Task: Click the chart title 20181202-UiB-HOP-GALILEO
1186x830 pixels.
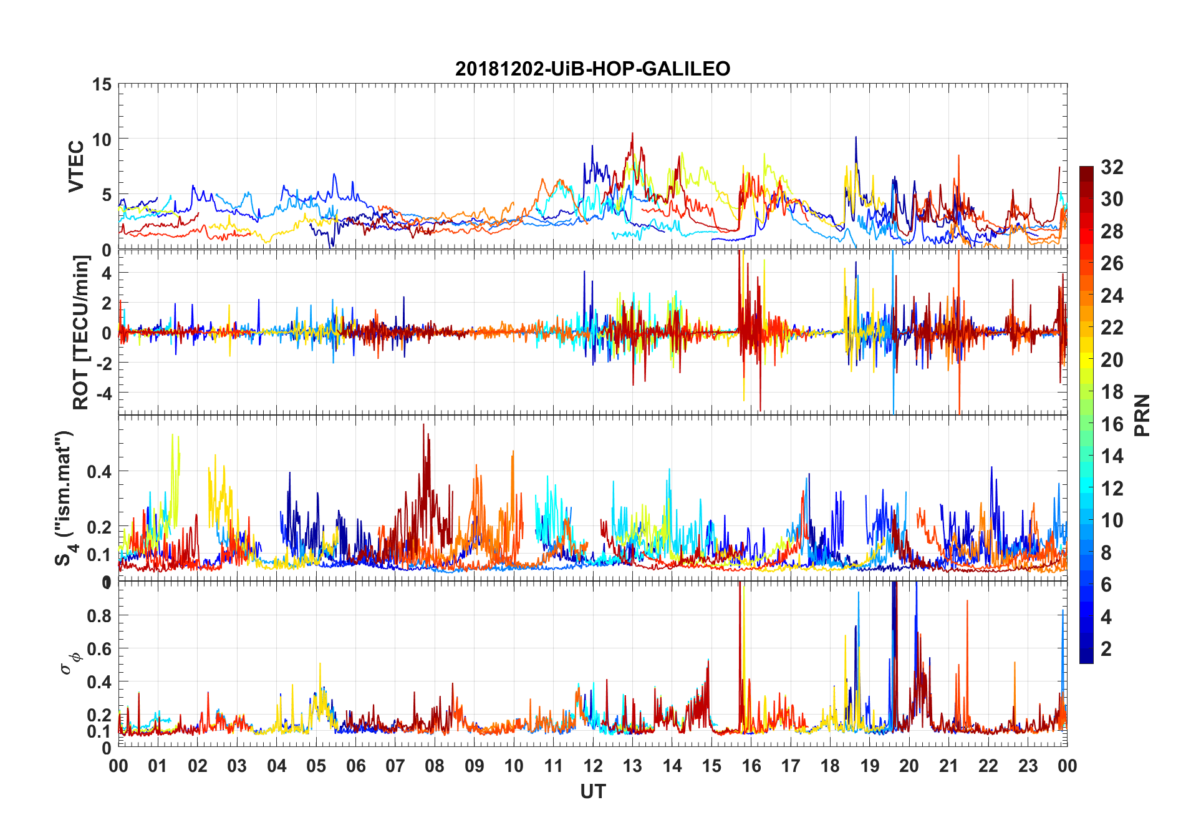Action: (x=592, y=68)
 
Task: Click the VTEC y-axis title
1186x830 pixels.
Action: (x=76, y=167)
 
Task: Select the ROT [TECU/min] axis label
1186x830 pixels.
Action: (x=81, y=332)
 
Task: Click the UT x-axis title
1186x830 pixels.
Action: (x=592, y=792)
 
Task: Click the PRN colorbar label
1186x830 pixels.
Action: (x=1142, y=415)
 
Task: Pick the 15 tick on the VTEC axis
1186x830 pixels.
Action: (x=102, y=84)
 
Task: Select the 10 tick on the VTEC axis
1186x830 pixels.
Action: (x=102, y=139)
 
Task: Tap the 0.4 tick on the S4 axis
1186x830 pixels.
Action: (x=99, y=471)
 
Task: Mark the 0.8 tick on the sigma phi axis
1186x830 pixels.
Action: (x=99, y=615)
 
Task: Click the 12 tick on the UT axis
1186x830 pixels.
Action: (x=593, y=766)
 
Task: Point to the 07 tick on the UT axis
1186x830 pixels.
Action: (x=395, y=766)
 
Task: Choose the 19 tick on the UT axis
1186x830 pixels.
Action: (x=870, y=766)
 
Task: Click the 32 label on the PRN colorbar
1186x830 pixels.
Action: (x=1112, y=167)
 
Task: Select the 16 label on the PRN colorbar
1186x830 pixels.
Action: (x=1112, y=424)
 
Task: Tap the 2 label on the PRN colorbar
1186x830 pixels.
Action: (x=1106, y=649)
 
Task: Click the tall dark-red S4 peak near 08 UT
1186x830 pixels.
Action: (x=424, y=426)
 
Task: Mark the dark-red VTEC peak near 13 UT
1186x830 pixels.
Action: (x=632, y=134)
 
